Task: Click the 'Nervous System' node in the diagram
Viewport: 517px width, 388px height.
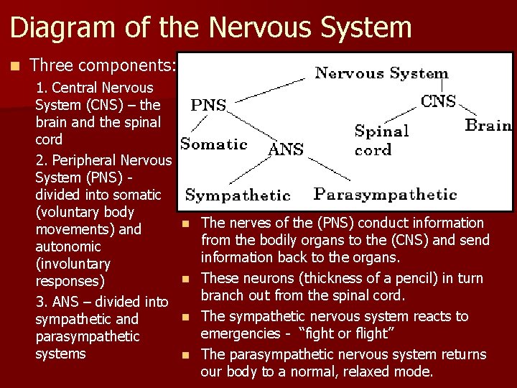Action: point(381,73)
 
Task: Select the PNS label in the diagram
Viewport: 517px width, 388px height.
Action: point(208,106)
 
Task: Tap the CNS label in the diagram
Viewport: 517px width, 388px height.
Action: point(438,101)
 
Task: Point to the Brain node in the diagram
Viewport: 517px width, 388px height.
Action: point(488,125)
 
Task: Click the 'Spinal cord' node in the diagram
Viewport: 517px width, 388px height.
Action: point(381,140)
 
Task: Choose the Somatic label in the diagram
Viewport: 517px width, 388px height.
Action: point(213,144)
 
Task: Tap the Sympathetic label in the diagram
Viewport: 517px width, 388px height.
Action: point(238,195)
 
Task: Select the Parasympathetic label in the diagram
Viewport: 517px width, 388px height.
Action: point(385,194)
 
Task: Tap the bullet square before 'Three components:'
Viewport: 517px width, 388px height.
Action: point(15,65)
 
